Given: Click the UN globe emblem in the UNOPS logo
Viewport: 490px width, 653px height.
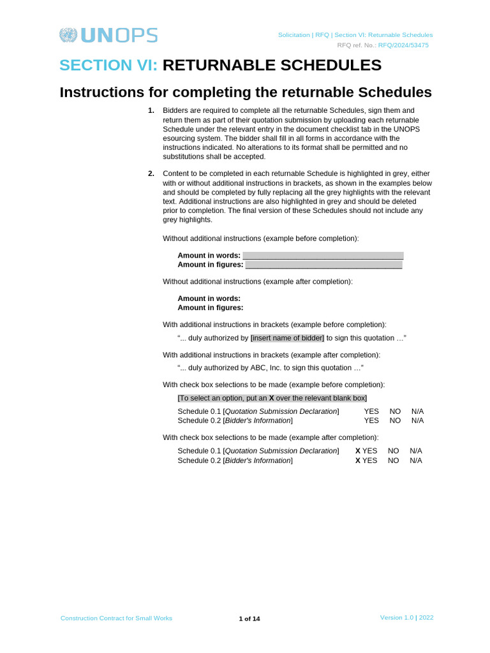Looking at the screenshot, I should click(68, 35).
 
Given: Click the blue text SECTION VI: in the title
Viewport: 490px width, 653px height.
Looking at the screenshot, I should click(108, 65).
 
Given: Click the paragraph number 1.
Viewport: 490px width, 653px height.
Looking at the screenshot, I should click(151, 110).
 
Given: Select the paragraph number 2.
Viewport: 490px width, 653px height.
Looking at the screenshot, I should click(151, 173).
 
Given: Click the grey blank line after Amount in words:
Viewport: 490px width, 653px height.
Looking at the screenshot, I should click(323, 255).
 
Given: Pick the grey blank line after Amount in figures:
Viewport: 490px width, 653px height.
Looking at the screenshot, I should click(323, 265).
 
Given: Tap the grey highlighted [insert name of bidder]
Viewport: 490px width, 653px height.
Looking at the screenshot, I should click(287, 338).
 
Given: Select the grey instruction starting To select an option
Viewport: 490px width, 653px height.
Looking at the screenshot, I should click(272, 398).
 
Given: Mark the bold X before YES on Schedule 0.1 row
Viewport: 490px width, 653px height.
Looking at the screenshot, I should click(358, 451).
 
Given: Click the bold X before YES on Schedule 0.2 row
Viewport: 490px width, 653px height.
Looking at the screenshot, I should click(358, 460).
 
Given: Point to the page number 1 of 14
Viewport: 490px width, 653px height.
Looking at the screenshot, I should click(249, 619).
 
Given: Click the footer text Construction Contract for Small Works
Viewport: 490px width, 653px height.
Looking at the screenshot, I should click(116, 618).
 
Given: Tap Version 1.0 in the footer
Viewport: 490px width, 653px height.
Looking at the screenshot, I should click(396, 617).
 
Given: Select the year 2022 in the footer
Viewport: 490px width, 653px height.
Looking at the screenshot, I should click(426, 617).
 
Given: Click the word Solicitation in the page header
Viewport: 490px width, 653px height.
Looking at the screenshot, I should click(294, 35).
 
